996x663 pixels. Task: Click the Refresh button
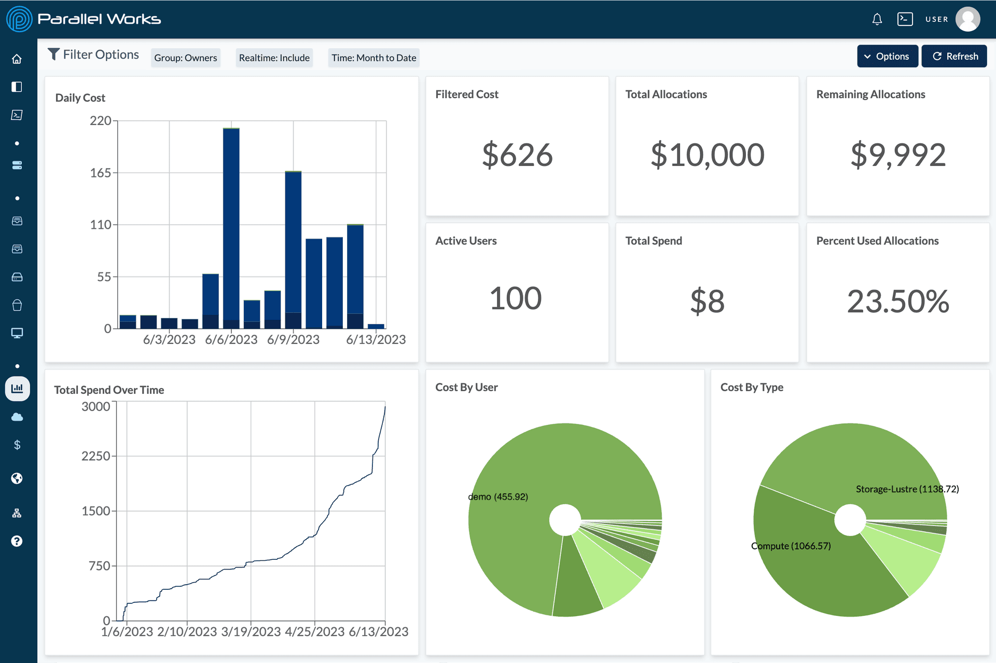point(955,56)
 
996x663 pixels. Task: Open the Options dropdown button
point(887,56)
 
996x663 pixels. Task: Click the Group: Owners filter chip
point(186,58)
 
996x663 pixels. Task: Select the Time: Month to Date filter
point(374,58)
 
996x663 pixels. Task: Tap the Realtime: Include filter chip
point(274,58)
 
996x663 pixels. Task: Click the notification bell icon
point(877,19)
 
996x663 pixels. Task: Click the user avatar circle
point(967,19)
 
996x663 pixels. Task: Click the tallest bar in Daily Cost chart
point(231,228)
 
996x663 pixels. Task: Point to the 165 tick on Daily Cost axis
point(101,173)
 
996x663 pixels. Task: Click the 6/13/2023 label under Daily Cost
point(376,339)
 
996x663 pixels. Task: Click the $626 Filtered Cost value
point(517,155)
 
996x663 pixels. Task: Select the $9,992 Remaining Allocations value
point(898,155)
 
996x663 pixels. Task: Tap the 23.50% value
point(898,301)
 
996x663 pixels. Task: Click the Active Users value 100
point(516,299)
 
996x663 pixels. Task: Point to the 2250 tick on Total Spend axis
point(96,456)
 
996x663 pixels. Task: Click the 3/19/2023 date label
point(251,631)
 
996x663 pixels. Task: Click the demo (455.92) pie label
point(498,496)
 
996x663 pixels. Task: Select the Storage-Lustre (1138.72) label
point(907,489)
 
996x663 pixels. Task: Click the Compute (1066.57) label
point(791,546)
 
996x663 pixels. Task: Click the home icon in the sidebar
point(17,59)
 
